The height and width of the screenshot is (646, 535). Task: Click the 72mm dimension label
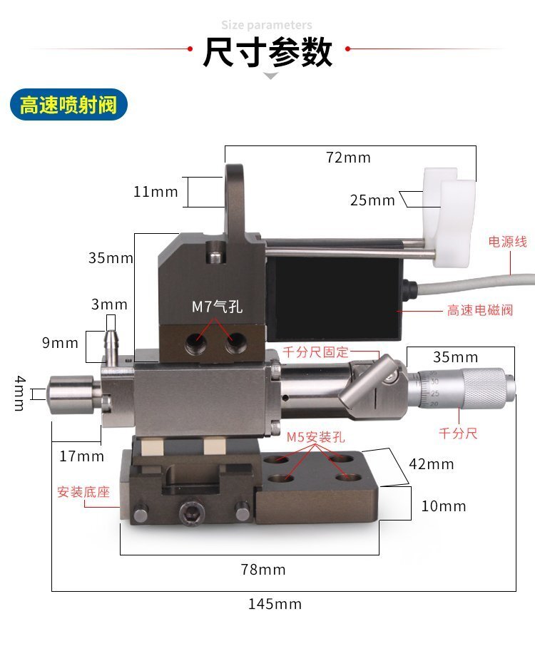348,158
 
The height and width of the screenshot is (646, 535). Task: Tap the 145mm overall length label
275,604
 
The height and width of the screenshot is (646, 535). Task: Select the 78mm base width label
263,570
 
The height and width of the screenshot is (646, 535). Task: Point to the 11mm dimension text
156,192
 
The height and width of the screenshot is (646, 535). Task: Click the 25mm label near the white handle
372,200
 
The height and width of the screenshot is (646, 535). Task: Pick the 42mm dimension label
432,464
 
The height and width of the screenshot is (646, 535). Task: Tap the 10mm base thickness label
444,506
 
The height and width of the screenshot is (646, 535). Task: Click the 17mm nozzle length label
81,456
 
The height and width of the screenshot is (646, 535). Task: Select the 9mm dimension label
60,343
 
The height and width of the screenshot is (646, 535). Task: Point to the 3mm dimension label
109,304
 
